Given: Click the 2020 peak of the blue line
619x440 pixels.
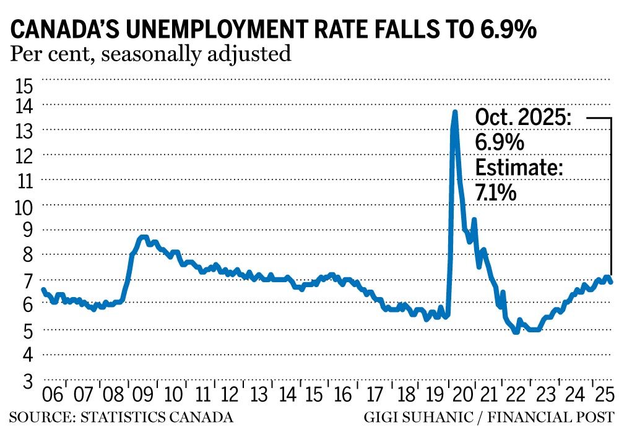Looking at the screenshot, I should pyautogui.click(x=455, y=112).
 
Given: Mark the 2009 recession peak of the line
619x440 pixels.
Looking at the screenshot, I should pyautogui.click(x=142, y=237).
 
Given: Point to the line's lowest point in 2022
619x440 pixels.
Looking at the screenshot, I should pyautogui.click(x=516, y=332).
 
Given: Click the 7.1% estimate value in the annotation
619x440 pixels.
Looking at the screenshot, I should pyautogui.click(x=495, y=193).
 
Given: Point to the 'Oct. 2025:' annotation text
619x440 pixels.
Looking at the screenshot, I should pyautogui.click(x=523, y=118).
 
